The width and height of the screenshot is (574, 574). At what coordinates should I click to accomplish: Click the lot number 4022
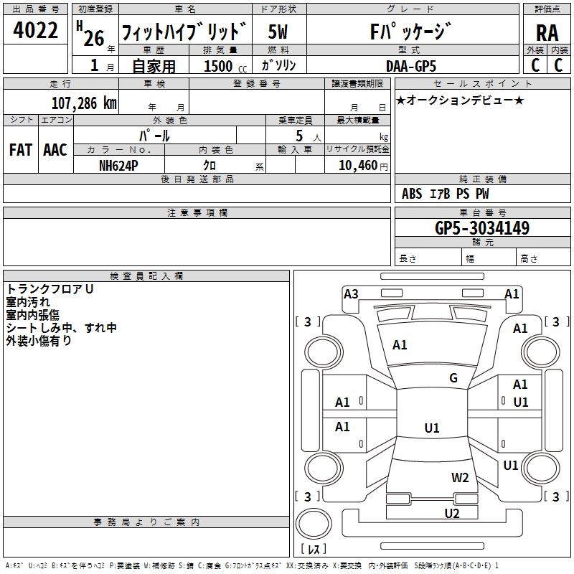point(35,30)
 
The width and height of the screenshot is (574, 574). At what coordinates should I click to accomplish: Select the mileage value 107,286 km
point(84,103)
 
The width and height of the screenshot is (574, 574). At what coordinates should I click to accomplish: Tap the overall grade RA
point(547,33)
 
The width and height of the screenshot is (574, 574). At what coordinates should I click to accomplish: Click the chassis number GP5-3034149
point(482,228)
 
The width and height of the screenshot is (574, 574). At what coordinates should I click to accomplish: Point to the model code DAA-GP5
point(411,66)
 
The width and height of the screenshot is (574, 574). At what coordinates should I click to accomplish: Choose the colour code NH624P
point(118,166)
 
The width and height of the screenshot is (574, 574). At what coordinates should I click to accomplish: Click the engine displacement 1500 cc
point(225,66)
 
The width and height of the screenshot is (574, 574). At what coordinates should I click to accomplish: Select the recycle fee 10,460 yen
point(363,166)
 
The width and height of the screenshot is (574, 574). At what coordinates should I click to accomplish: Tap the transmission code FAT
point(21,150)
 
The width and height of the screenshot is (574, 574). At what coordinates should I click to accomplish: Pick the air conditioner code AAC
point(55,150)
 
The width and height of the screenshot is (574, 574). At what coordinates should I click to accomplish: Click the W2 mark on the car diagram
point(460,478)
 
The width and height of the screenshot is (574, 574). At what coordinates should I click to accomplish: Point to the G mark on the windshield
point(453,378)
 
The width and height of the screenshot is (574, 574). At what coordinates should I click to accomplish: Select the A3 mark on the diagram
point(351,294)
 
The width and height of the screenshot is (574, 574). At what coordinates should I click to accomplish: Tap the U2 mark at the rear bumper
point(452,513)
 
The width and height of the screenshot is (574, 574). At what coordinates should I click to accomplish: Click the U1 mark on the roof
point(432,428)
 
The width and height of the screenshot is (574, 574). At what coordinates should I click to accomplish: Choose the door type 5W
point(278,32)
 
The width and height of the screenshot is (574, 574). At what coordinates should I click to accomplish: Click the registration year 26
point(94,38)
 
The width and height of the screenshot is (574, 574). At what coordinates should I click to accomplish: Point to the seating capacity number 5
point(299,136)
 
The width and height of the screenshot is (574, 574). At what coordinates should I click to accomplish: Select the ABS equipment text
point(412,194)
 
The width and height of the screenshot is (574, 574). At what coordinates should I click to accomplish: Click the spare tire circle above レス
point(314,524)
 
